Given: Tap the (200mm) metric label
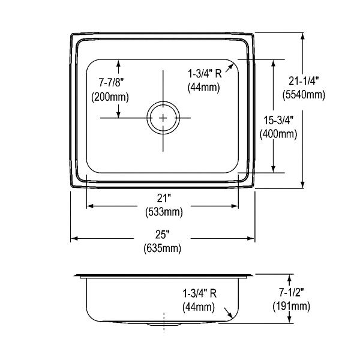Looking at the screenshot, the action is click(110, 97).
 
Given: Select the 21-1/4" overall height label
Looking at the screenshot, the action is click(304, 81).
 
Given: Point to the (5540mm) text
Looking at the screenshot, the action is click(304, 95).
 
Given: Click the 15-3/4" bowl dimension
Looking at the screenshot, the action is click(278, 120).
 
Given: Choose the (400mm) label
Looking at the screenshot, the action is click(278, 134).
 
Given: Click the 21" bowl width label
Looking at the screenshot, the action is click(164, 198).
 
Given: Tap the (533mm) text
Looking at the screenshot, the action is click(164, 212).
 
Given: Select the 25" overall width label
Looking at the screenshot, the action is click(163, 235).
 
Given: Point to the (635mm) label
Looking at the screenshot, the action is click(163, 248).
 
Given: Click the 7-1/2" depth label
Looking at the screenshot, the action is click(292, 292).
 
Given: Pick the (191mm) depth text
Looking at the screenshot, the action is click(292, 306).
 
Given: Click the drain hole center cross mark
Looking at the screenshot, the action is click(163, 118).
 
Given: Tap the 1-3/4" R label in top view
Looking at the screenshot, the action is click(205, 74).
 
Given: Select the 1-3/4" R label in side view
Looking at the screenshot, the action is click(199, 293).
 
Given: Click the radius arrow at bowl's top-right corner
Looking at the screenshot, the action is click(230, 68).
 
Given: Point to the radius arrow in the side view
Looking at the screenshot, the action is click(228, 313).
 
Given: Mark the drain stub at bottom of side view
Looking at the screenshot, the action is click(163, 325).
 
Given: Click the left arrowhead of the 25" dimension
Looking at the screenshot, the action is click(74, 239).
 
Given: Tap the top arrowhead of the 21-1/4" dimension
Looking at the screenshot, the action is click(302, 36).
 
